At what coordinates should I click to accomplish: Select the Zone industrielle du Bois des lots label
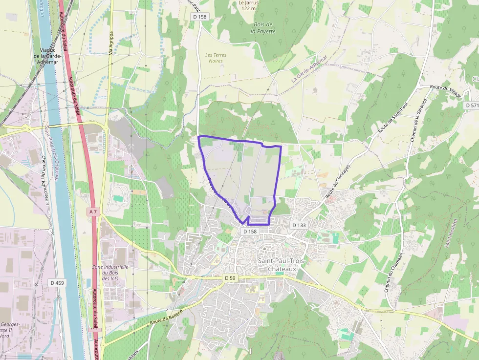[110, 273]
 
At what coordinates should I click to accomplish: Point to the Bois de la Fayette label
[263, 28]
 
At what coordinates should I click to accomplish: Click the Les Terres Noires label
[216, 58]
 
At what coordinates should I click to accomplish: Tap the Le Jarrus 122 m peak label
[248, 5]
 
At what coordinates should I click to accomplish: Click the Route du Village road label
[445, 91]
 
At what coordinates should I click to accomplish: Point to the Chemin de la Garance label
[419, 120]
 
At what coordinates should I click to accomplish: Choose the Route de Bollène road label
[166, 317]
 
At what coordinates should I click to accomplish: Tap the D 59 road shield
[230, 278]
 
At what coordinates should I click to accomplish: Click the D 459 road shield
[57, 283]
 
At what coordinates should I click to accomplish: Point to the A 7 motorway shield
[93, 212]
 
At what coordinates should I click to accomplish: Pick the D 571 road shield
[472, 105]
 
